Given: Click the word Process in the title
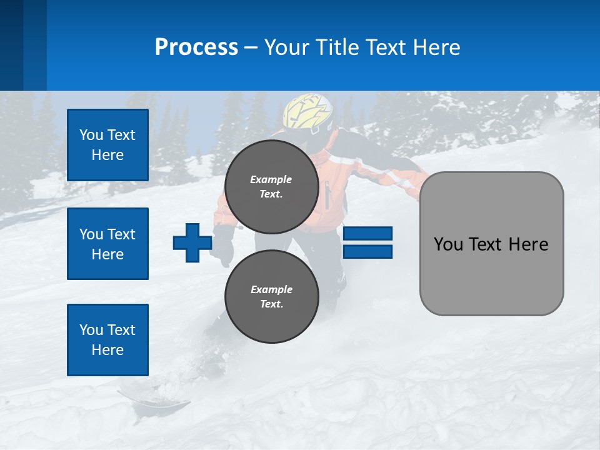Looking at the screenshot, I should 196,47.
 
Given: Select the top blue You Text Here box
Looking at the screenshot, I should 107,145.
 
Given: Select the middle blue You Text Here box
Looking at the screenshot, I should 107,244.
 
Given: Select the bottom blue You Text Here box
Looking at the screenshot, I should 107,340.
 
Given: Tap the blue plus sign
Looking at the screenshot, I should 192,242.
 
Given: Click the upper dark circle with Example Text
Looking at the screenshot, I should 271,187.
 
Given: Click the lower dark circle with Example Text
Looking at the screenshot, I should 271,297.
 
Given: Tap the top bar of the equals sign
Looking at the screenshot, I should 367,234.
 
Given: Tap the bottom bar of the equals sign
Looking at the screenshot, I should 367,252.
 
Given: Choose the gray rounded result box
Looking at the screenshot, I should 491,244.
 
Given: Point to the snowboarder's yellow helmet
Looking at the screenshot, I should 308,112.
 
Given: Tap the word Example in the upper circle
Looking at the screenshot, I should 271,179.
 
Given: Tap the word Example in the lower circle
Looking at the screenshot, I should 271,289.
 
